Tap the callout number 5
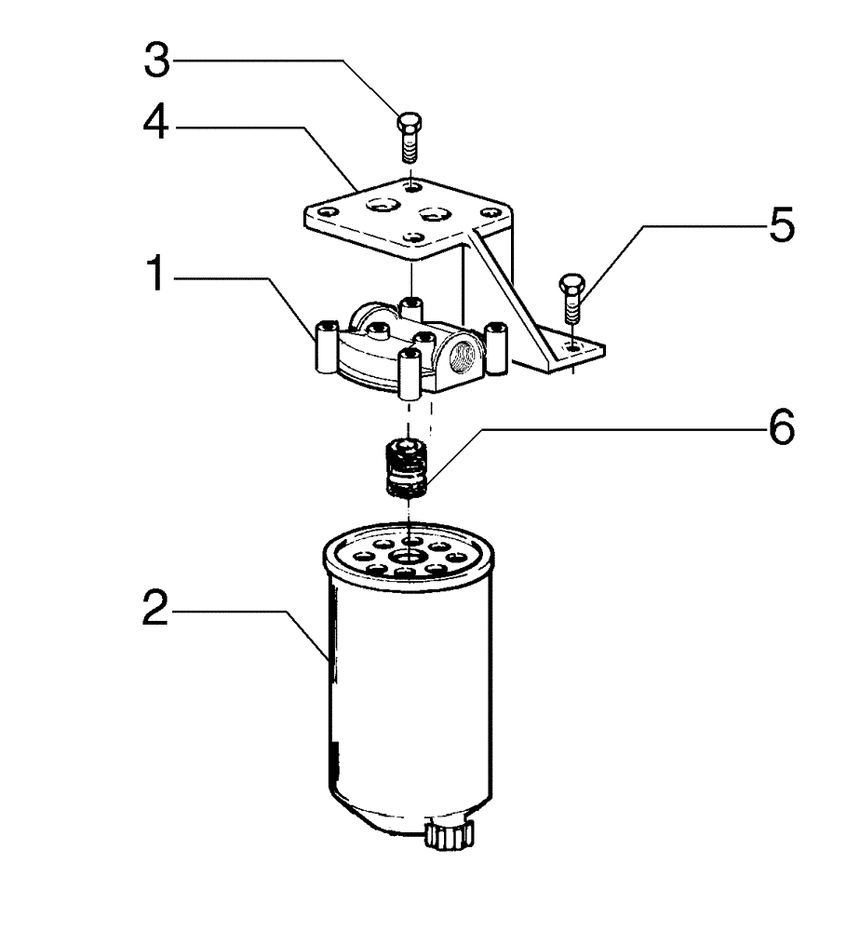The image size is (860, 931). click(x=780, y=226)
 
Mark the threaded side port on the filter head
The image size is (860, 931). click(x=463, y=356)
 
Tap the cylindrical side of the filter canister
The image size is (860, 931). click(x=410, y=708)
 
